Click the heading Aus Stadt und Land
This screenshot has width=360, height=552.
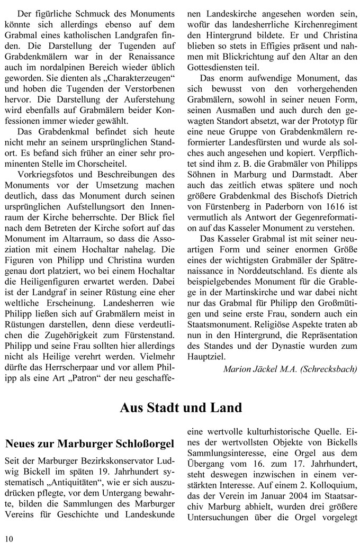tap(181, 408)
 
